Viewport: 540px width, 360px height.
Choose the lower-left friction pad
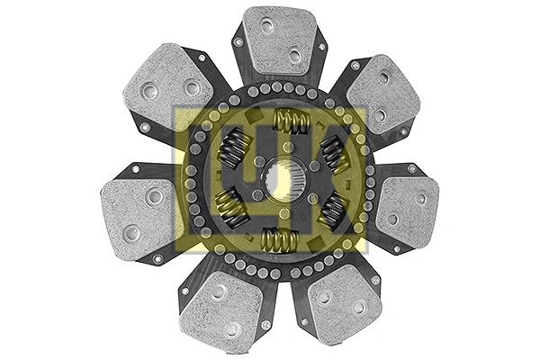point(220,310)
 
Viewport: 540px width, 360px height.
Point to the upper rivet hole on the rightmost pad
point(420,199)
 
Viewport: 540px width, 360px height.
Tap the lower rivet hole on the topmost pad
point(294,57)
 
